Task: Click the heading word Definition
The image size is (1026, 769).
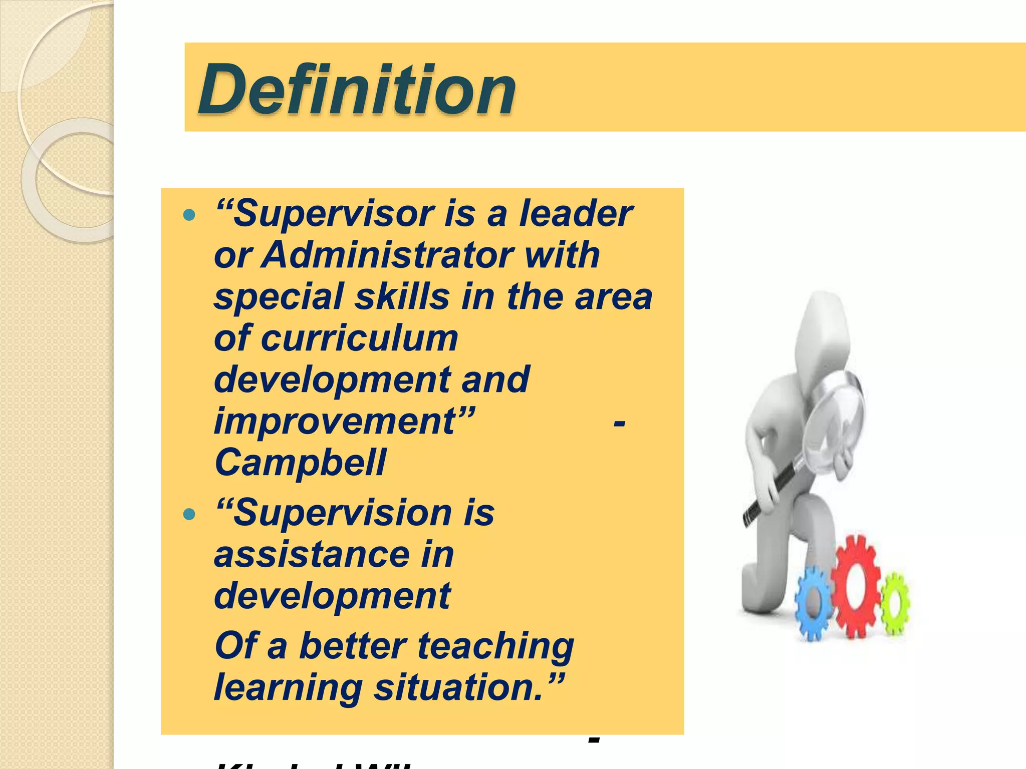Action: click(357, 90)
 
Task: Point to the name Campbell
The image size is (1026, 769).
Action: click(300, 463)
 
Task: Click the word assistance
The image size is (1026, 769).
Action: click(308, 555)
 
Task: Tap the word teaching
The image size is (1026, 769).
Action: click(495, 646)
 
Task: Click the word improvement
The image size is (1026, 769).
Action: click(336, 421)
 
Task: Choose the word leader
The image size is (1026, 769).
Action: click(576, 214)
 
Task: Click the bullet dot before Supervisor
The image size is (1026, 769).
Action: click(189, 215)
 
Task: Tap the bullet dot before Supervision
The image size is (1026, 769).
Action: click(189, 514)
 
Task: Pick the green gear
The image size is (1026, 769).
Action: click(895, 604)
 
